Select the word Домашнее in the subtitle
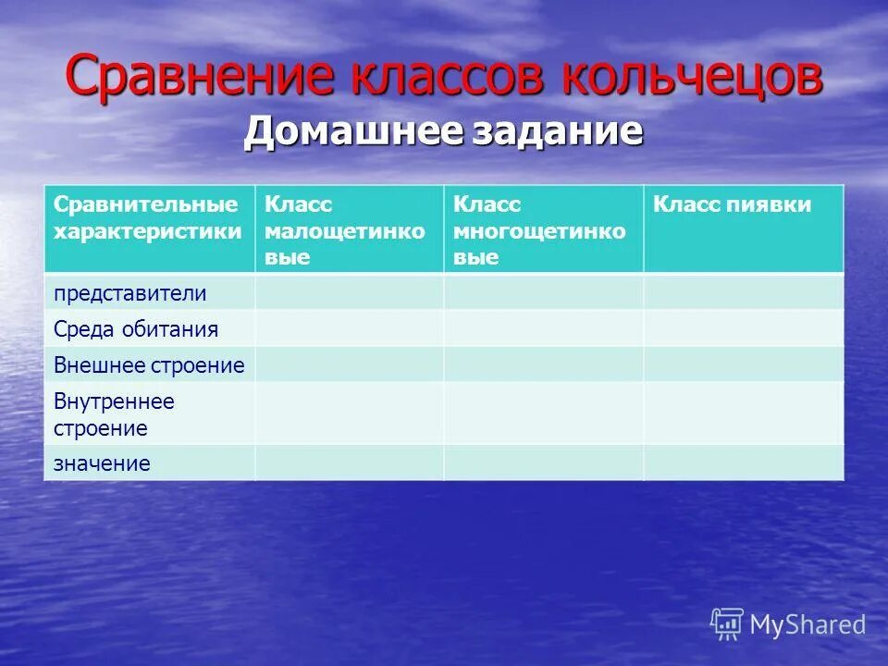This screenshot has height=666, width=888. [353, 131]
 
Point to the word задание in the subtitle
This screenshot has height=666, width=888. [558, 131]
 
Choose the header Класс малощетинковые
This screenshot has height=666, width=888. [345, 230]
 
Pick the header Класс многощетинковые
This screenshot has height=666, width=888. [539, 230]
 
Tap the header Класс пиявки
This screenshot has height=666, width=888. [732, 205]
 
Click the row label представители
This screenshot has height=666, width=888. [129, 293]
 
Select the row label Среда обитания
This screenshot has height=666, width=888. [136, 329]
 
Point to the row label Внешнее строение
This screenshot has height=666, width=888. [149, 365]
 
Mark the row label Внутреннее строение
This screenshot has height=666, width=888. [114, 414]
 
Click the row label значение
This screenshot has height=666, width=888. [102, 463]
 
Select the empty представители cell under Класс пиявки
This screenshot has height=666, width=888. [744, 293]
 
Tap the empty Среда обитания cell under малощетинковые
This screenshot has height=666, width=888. [349, 329]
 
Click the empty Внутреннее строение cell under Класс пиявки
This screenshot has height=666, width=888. [744, 414]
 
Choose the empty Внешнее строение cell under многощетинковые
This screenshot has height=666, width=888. [543, 365]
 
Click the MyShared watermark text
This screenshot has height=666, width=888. [807, 625]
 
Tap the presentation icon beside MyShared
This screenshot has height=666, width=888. [727, 624]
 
